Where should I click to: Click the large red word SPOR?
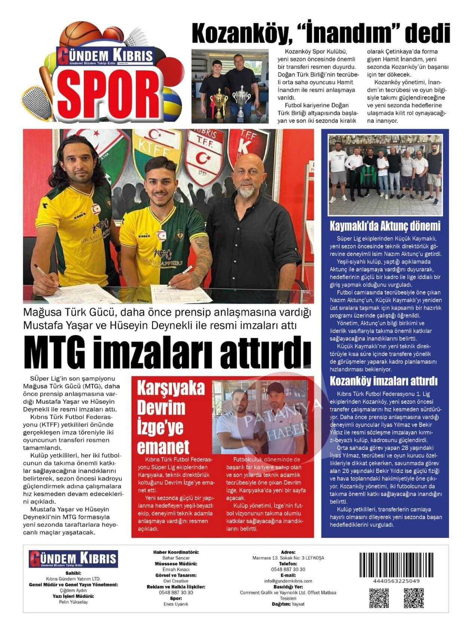point(108,94)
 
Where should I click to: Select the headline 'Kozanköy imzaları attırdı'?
point(383,381)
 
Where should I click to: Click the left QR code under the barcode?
point(379,599)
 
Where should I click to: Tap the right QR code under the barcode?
point(414,599)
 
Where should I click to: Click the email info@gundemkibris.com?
point(288,581)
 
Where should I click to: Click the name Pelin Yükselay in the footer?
point(74,602)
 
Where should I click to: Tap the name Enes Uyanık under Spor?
point(176,604)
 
